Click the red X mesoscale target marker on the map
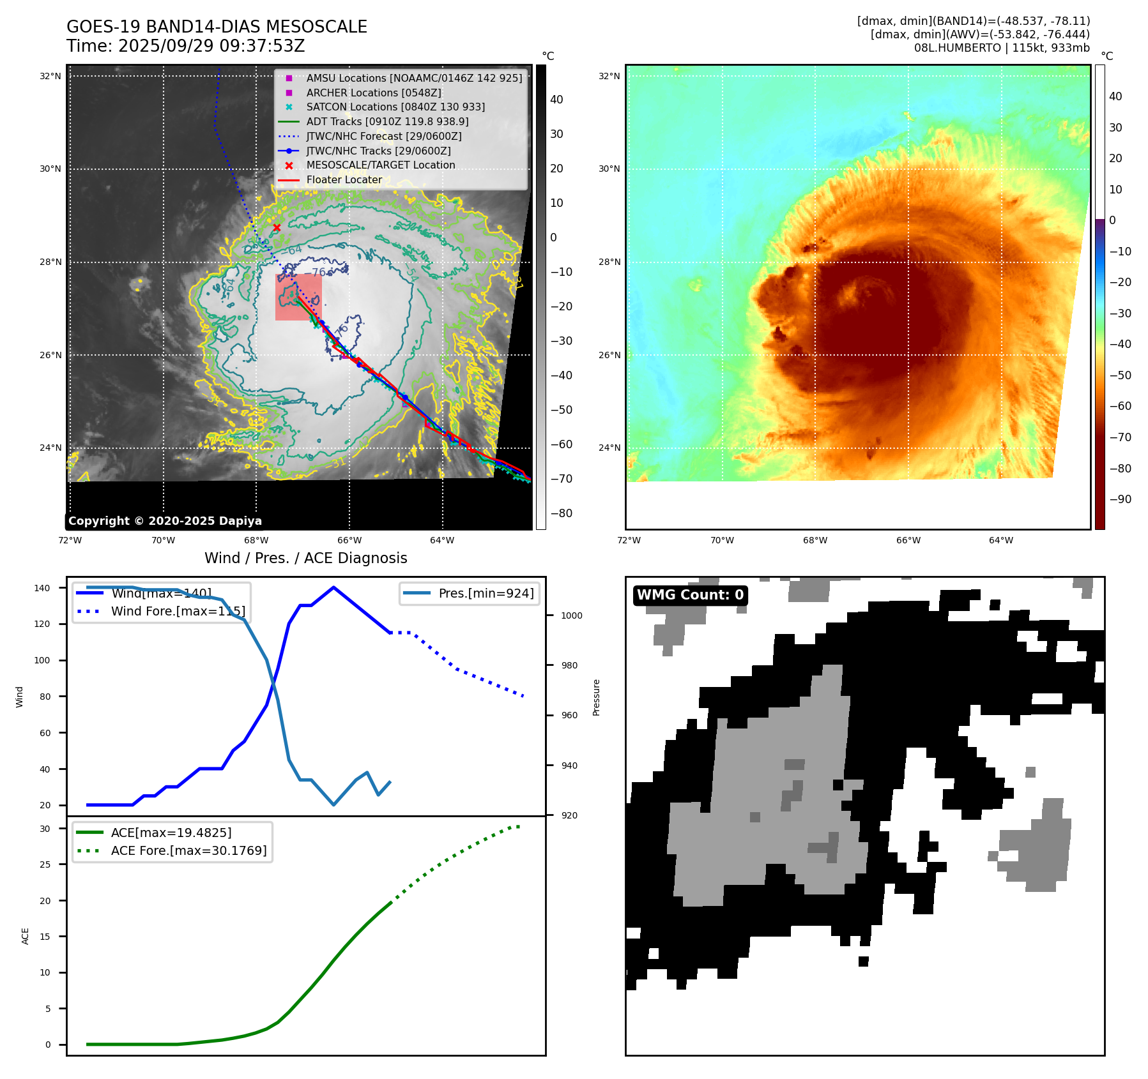pyautogui.click(x=277, y=227)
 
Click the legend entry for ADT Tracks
pyautogui.click(x=387, y=121)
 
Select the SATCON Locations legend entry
pyautogui.click(x=395, y=107)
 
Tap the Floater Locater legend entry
pyautogui.click(x=344, y=179)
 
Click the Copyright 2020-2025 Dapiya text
pyautogui.click(x=165, y=521)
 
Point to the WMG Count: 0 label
pyautogui.click(x=690, y=595)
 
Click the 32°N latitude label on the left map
pyautogui.click(x=50, y=76)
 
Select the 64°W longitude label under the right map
pyautogui.click(x=1000, y=540)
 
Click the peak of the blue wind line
pyautogui.click(x=333, y=587)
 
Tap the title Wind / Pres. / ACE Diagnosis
pyautogui.click(x=305, y=558)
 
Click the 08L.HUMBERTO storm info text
pyautogui.click(x=1001, y=48)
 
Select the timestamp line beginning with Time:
pyautogui.click(x=185, y=46)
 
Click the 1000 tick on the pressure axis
pyautogui.click(x=571, y=615)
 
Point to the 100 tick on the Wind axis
pyautogui.click(x=42, y=660)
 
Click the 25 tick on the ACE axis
pyautogui.click(x=45, y=864)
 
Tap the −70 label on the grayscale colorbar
pyautogui.click(x=561, y=479)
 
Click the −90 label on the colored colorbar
pyautogui.click(x=1120, y=499)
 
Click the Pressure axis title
pyautogui.click(x=596, y=697)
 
